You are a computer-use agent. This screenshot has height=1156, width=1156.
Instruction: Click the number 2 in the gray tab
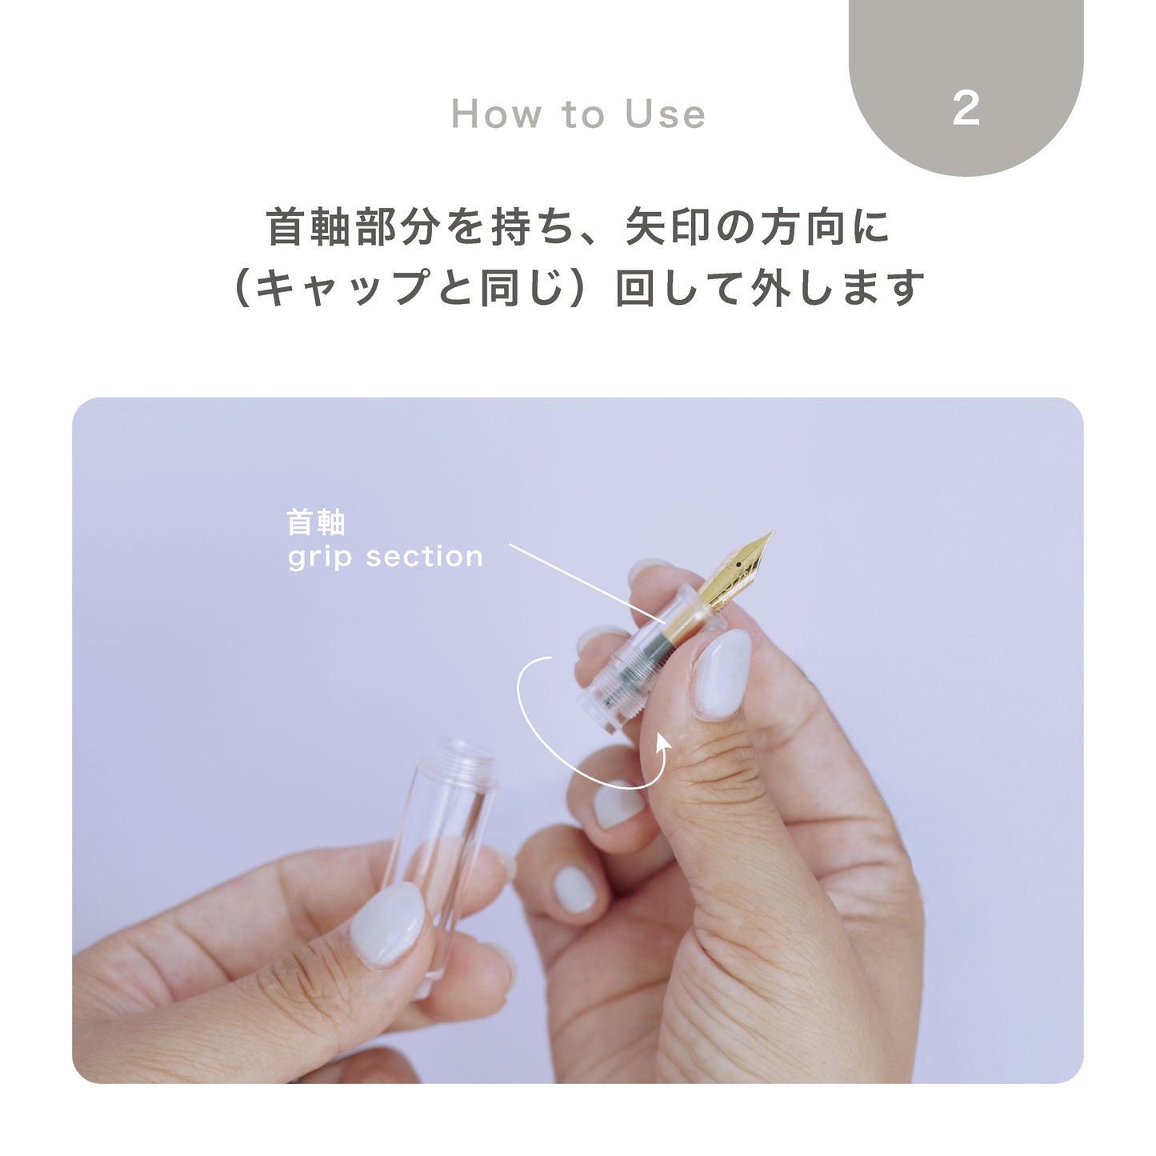[x=966, y=108]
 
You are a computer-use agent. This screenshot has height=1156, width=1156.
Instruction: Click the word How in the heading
[x=496, y=114]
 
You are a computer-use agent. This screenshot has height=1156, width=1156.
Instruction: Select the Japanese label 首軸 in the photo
[x=316, y=523]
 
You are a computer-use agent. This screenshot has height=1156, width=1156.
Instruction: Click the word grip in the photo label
[x=319, y=557]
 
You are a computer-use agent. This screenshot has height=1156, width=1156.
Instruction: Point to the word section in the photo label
[x=424, y=557]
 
